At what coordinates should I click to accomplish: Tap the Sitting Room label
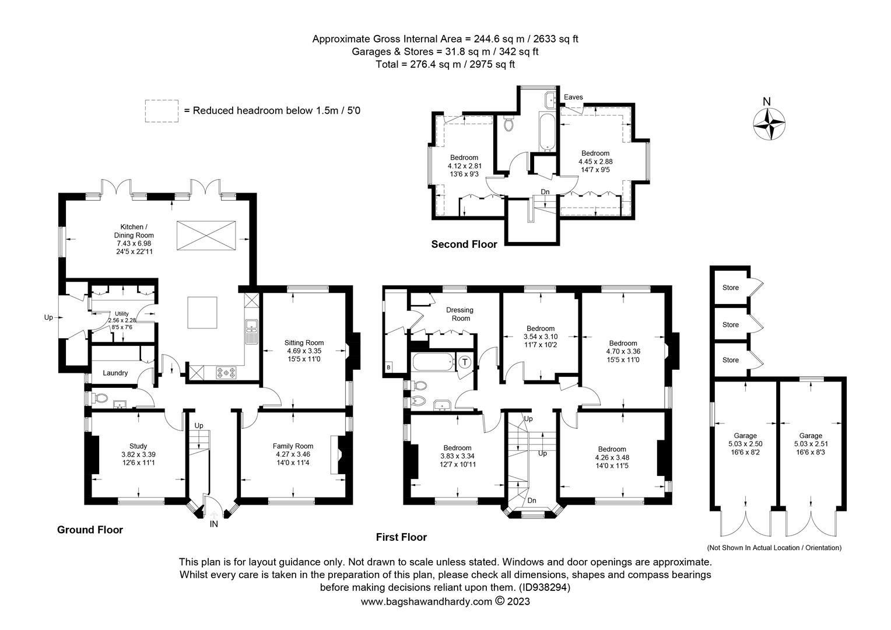pos(304,342)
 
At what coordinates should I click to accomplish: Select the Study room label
pos(138,446)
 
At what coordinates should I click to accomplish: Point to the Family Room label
pos(293,446)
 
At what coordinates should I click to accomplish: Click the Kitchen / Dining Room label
pos(134,231)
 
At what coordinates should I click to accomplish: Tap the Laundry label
pos(115,373)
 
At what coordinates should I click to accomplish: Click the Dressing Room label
pos(461,314)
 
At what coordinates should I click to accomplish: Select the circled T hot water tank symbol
pos(465,362)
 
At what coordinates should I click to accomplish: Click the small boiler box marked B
pos(388,367)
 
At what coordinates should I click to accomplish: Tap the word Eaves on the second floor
pos(573,97)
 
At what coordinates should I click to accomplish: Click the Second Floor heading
pos(464,244)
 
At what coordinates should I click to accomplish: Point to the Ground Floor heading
pos(90,530)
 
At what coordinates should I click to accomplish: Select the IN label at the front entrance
pos(213,524)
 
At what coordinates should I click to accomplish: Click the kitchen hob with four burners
pos(226,373)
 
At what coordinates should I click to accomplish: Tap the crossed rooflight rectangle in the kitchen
pos(206,236)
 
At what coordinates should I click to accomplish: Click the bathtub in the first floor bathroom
pos(434,362)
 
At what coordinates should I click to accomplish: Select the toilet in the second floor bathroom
pos(508,123)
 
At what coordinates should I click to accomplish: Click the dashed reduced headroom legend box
pos(162,111)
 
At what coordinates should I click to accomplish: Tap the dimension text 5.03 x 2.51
pos(811,444)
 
